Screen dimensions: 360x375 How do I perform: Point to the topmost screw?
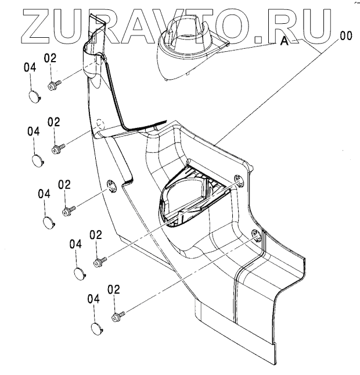point(52,85)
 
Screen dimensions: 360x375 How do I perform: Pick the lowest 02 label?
point(114,289)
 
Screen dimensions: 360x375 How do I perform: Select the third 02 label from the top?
point(64,184)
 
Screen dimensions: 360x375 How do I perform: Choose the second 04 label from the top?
point(34,131)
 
